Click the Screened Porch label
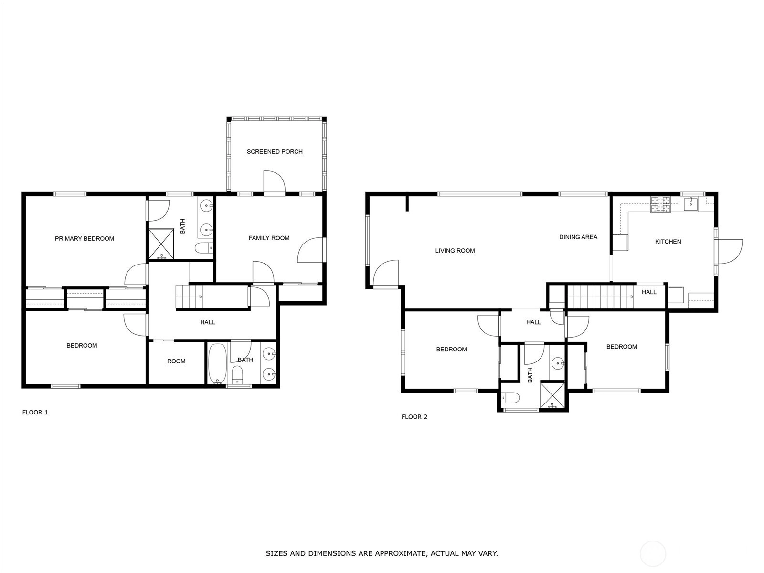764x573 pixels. (x=275, y=152)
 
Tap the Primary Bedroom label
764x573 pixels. (x=85, y=239)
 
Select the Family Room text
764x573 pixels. (x=269, y=238)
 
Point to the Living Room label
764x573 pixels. (x=455, y=251)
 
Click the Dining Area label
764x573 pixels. (x=578, y=237)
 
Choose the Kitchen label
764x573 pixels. (x=668, y=242)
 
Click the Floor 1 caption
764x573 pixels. (x=35, y=412)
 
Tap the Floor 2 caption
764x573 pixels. (x=414, y=417)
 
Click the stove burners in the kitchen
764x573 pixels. (x=661, y=204)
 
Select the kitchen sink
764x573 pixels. (x=691, y=204)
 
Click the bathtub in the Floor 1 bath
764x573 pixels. (x=218, y=363)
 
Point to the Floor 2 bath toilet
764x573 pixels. (x=510, y=397)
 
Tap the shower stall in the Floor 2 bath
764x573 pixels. (x=552, y=395)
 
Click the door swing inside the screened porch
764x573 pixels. (x=275, y=181)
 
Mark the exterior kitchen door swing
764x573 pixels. (x=730, y=252)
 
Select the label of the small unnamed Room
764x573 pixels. (x=176, y=361)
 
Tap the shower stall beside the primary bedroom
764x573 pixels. (x=161, y=244)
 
